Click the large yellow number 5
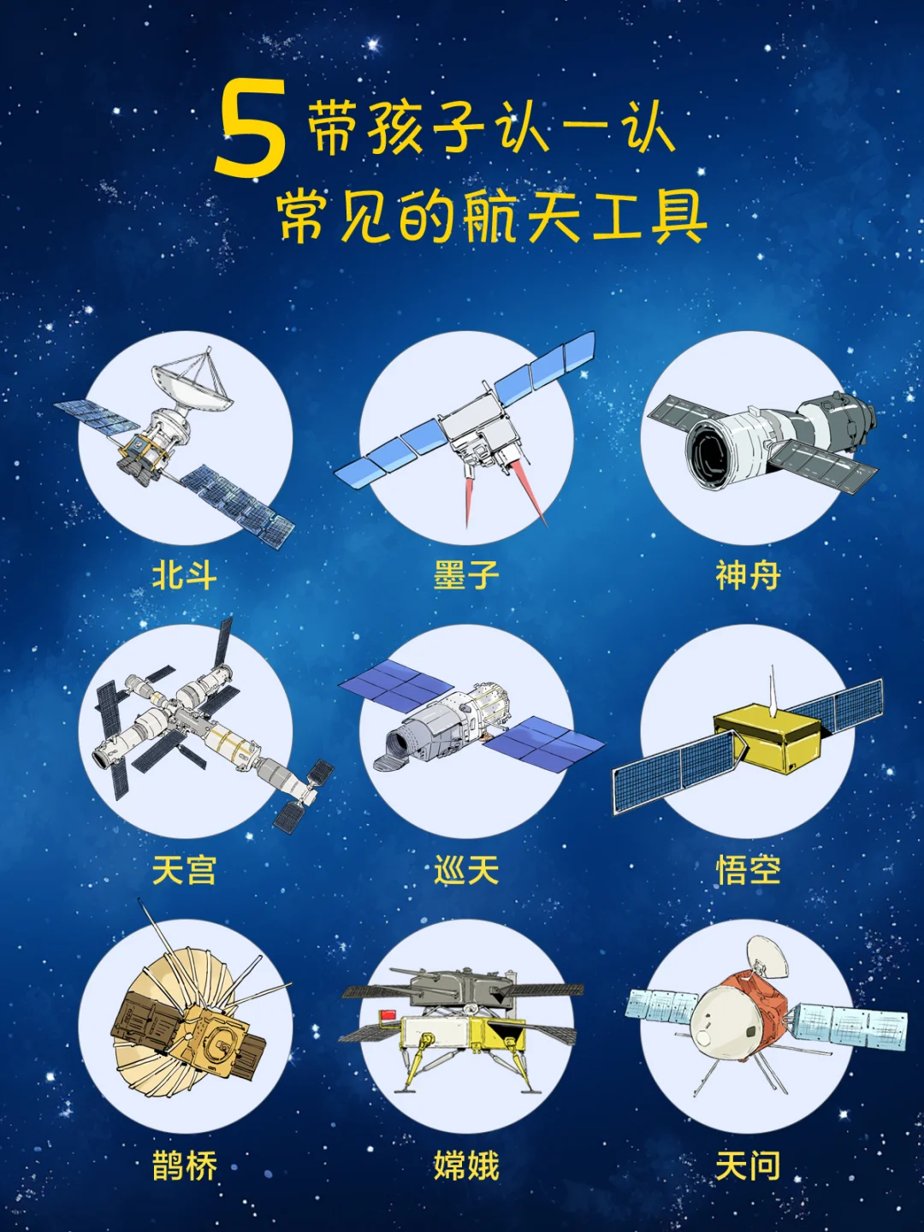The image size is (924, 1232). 252,127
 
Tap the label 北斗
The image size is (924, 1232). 185,575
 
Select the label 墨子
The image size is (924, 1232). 466,575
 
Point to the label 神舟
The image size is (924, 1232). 748,575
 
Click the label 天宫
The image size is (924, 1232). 185,870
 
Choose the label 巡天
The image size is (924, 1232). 466,870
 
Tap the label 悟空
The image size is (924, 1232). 748,870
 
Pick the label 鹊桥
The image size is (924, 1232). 185,1166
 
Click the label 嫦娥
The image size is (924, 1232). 466,1166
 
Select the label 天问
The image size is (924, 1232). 748,1166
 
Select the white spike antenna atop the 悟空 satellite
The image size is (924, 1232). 773,690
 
